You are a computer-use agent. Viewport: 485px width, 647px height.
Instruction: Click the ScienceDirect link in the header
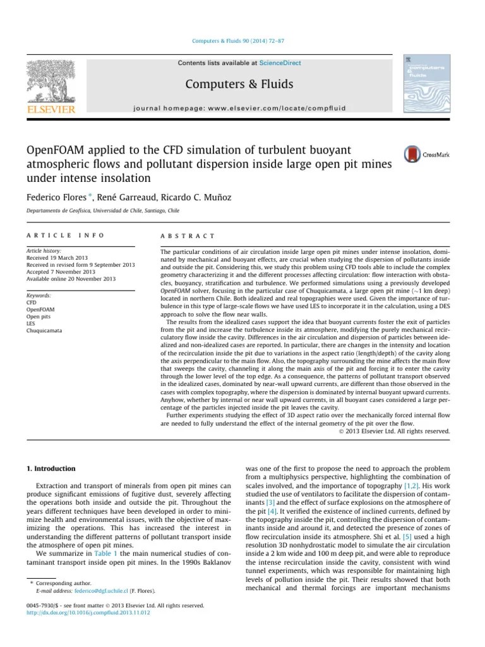[x=280, y=63]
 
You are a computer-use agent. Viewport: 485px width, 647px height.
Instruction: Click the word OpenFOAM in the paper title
[x=57, y=151]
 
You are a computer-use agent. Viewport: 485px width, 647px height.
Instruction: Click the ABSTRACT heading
[x=188, y=235]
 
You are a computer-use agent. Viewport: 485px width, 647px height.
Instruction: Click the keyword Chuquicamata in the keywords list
[x=44, y=330]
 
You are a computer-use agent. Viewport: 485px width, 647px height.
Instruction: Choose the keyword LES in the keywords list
[x=31, y=323]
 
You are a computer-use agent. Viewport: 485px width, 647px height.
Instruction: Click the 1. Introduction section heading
[x=51, y=468]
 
